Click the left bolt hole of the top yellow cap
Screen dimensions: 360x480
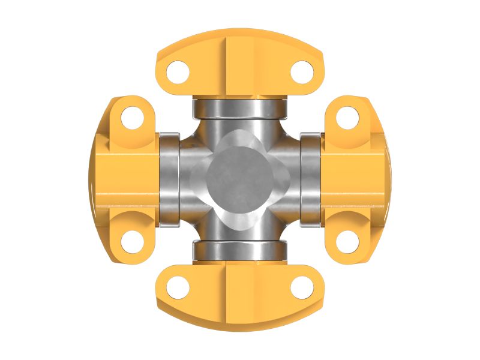[178, 72]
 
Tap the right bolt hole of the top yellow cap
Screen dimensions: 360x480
[302, 72]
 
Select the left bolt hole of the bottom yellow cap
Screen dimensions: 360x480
[178, 287]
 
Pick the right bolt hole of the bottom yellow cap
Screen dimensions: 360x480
[302, 287]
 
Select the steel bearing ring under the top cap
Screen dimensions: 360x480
[239, 109]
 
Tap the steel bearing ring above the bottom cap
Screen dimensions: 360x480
[239, 251]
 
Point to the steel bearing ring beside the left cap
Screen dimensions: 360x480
[169, 180]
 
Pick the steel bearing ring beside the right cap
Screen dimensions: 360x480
[310, 180]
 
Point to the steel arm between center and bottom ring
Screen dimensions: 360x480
[239, 230]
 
